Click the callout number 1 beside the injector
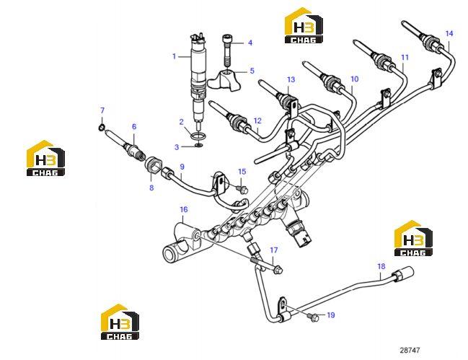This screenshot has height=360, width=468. click(175, 56)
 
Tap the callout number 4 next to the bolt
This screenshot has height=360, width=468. click(250, 43)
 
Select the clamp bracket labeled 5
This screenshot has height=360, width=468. click(224, 79)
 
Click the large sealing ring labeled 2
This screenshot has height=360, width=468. click(198, 137)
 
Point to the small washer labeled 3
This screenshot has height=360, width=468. click(198, 146)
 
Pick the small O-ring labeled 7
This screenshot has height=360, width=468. click(102, 128)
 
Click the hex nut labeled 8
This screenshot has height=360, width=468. click(154, 168)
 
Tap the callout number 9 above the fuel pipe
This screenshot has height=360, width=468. click(182, 167)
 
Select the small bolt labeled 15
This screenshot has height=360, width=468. click(242, 190)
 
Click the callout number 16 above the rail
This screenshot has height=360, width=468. click(184, 209)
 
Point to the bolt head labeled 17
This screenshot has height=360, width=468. click(278, 270)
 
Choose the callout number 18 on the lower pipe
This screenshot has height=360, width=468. click(381, 266)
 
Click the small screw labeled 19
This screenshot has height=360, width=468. click(314, 317)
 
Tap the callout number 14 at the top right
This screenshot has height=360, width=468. click(449, 33)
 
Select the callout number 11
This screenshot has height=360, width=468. click(405, 57)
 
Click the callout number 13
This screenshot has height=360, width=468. click(291, 79)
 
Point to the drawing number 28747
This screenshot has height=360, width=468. click(410, 350)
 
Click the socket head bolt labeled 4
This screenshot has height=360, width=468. click(227, 51)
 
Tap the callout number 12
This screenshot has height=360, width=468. click(257, 120)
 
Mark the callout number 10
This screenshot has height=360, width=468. click(354, 79)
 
